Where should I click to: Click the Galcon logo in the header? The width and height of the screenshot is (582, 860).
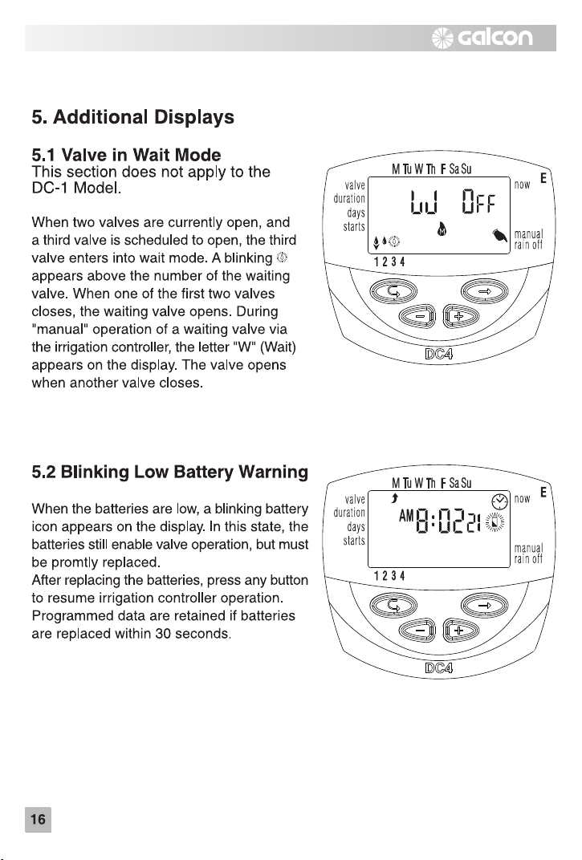(x=482, y=37)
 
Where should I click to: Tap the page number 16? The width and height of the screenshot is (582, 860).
(x=38, y=819)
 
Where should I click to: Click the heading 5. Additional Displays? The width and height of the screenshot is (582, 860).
(x=133, y=117)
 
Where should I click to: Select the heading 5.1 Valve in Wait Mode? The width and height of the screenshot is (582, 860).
(x=126, y=155)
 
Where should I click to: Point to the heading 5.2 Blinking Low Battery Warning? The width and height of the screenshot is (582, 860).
(x=169, y=472)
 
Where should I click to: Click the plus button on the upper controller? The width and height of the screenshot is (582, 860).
(x=461, y=316)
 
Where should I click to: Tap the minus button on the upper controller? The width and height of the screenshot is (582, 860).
(x=417, y=316)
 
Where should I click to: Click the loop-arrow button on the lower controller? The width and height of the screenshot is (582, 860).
(x=393, y=605)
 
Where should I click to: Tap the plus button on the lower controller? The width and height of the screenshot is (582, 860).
(x=461, y=631)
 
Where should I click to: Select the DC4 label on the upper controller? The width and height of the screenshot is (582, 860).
(x=438, y=354)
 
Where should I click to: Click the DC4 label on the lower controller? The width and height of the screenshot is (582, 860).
(x=438, y=667)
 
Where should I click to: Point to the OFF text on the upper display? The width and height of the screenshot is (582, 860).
(x=478, y=202)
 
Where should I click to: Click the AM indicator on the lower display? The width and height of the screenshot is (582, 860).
(x=406, y=516)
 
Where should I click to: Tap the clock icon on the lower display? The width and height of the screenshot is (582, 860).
(x=499, y=501)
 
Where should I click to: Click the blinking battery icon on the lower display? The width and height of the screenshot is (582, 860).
(x=495, y=523)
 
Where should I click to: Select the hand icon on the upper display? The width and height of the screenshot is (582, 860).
(x=500, y=235)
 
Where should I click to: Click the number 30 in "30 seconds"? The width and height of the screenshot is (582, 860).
(x=163, y=634)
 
